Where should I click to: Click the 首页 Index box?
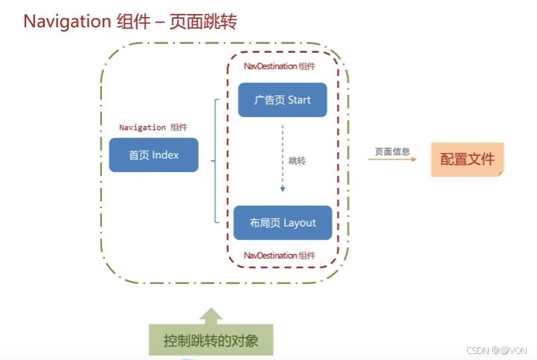coord(153,155)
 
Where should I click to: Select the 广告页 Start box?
coord(282,100)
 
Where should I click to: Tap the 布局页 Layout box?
coord(282,223)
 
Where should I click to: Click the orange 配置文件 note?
coord(467,159)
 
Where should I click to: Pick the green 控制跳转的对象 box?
coord(211,341)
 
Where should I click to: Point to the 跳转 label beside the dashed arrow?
coord(297,160)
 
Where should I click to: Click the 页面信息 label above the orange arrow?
coord(393,151)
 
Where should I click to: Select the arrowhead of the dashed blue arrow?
coord(282,191)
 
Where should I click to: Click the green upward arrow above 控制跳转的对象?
coord(211,315)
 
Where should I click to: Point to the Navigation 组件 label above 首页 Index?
coord(153,127)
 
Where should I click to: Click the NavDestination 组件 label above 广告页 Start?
coord(280,66)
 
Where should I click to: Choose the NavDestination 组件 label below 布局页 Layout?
coord(280,255)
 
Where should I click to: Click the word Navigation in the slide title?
coord(67,21)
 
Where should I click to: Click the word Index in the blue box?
coord(165,155)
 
